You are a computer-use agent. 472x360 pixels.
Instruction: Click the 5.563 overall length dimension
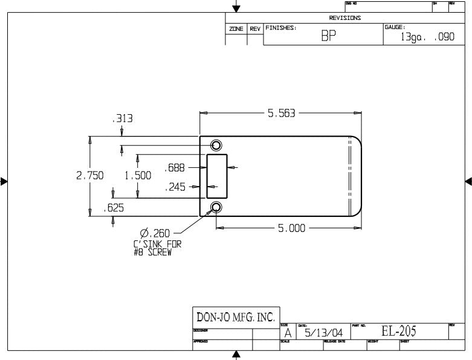[281, 113]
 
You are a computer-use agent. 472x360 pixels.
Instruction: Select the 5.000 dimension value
[291, 228]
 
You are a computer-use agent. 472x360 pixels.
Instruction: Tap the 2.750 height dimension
[89, 176]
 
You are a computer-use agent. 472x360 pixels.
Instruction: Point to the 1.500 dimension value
[137, 176]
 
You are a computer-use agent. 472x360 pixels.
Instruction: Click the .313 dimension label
[123, 119]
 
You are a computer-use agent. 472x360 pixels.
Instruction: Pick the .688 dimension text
[175, 167]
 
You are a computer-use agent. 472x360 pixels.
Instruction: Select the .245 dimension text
[175, 187]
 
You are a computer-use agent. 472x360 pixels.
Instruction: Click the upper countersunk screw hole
[216, 145]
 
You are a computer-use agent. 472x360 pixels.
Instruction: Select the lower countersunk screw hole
[216, 208]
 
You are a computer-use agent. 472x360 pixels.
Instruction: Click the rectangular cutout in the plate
[217, 176]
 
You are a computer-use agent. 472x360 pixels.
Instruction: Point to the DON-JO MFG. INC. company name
[235, 317]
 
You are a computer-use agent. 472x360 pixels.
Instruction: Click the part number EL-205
[398, 331]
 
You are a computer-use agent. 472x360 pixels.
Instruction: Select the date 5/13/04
[325, 333]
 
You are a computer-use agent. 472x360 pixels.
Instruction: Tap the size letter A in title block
[288, 333]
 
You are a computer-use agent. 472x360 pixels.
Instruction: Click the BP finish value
[329, 36]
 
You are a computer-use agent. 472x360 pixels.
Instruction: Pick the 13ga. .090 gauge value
[427, 37]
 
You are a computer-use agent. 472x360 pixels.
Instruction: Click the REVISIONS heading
[345, 18]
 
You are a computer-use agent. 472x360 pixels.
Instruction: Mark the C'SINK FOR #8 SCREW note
[157, 248]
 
